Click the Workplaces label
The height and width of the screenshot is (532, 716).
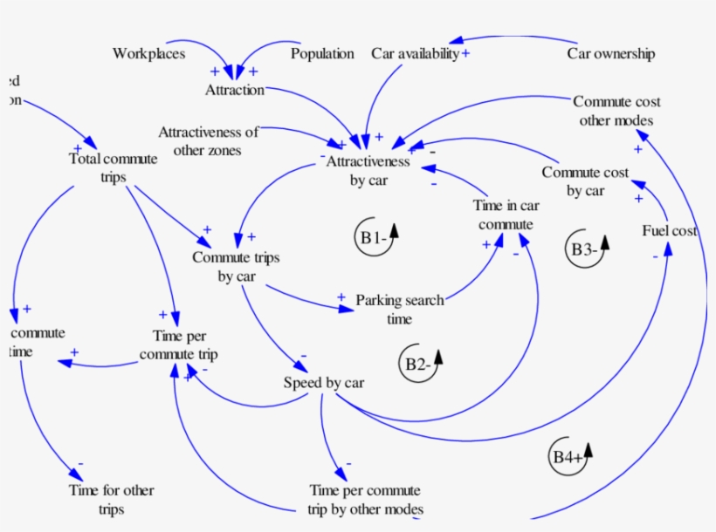pos(148,53)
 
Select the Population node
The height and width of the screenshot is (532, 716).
pos(322,53)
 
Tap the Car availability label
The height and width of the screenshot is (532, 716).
pos(415,53)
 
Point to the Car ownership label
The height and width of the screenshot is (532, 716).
pos(610,53)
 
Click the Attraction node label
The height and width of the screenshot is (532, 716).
pos(235,90)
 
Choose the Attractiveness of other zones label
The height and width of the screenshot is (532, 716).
pos(208,140)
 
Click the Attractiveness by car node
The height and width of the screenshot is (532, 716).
pos(368,171)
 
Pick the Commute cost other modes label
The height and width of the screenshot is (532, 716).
pos(616,111)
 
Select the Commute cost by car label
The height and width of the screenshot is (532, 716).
pos(585,181)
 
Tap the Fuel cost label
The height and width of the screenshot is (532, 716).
pos(670,230)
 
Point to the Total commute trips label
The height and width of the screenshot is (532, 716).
pos(113,167)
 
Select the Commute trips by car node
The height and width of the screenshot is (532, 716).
pos(236,266)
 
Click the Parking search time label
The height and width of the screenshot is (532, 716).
pos(399,309)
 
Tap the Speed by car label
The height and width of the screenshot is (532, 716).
pos(323,382)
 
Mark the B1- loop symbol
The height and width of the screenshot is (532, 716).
pos(375,237)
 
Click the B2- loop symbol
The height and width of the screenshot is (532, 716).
pos(419,363)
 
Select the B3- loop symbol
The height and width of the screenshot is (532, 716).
pos(585,249)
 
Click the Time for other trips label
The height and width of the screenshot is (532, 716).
pos(112,499)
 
